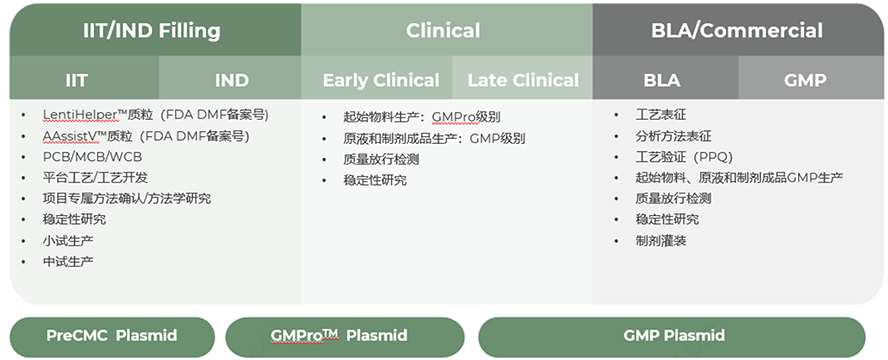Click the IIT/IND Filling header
coord(152,30)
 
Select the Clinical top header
coord(443,30)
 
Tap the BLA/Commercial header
coord(737,30)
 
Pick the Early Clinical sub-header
coord(381,79)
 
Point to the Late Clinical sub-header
coord(523,79)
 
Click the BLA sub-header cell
coord(663,79)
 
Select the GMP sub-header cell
coord(805,79)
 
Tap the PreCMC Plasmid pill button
coord(112,336)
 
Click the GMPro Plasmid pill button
coord(345,336)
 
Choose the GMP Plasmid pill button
coord(672,336)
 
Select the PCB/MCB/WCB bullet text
coord(92,157)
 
